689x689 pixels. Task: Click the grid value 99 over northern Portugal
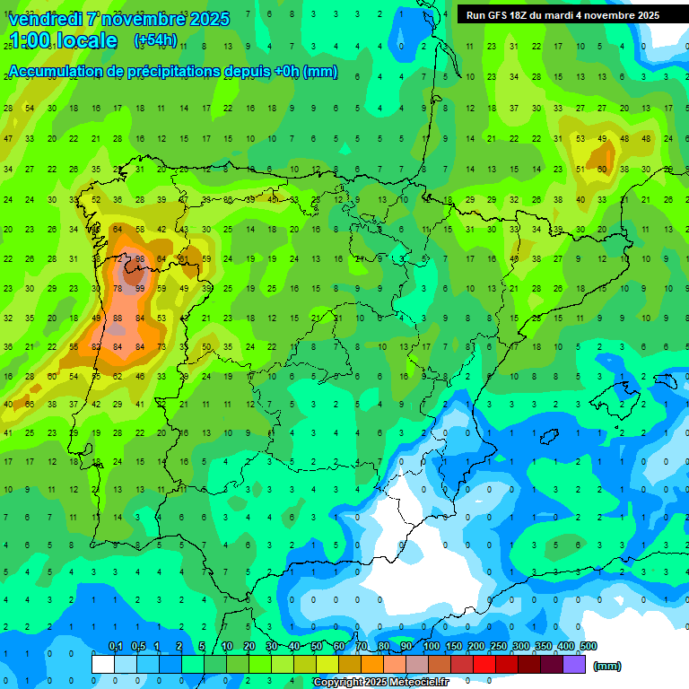139,289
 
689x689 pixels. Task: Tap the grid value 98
139,260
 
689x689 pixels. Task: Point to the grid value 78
118,289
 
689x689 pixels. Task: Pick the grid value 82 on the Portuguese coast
96,347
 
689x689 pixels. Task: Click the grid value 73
161,347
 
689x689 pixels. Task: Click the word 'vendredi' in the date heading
45,19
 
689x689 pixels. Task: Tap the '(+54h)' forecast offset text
155,40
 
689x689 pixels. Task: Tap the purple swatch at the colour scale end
575,665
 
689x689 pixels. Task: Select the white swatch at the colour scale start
103,665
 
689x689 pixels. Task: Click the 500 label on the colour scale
588,647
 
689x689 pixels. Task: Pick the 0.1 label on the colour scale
116,647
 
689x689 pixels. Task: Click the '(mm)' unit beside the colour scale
607,666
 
